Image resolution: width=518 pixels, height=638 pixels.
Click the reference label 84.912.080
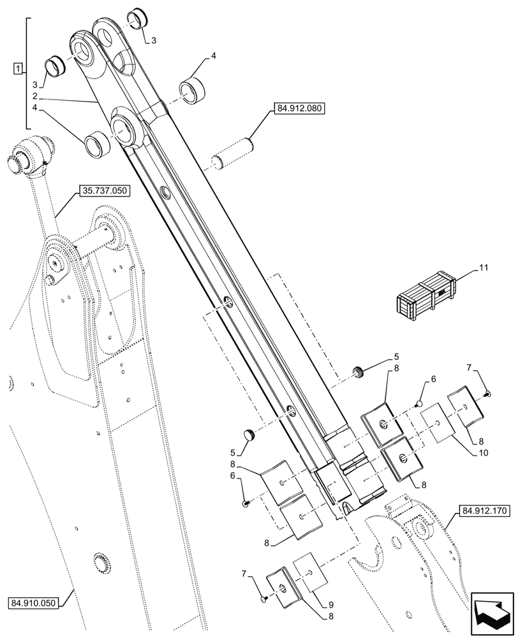click(299, 109)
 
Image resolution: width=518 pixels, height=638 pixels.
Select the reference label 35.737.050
click(105, 189)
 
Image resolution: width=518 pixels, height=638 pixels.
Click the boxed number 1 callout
click(18, 68)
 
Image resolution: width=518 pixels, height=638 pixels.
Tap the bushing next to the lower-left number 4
click(98, 141)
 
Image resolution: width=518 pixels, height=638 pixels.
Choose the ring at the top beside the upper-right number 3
click(140, 20)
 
